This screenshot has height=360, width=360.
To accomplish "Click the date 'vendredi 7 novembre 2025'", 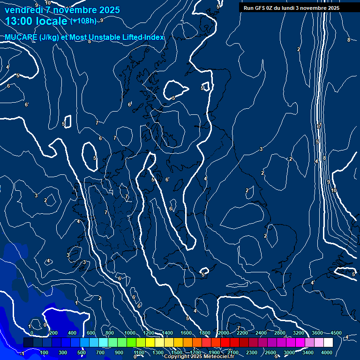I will coord(62,10).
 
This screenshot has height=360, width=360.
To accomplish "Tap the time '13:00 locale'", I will coord(37,21).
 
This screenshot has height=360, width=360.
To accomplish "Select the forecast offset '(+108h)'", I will coord(83,21).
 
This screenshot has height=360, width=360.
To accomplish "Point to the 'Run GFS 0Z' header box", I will coord(291,8).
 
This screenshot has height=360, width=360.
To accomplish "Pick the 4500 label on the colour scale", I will coord(336,333).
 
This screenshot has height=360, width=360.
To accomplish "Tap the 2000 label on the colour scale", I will coord(224,333).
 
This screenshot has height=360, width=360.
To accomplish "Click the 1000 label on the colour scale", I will coord(130,333).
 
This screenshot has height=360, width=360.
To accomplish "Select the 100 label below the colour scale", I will coord(44,352).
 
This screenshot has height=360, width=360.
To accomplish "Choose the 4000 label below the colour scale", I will coord(327,352).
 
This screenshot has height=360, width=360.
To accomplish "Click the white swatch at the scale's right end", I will coord(328,343).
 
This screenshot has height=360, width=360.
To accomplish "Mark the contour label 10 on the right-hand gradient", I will coord(334,190).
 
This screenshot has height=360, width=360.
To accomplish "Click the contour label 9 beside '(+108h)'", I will coord(101,20).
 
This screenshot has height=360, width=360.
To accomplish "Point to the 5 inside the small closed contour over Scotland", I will coord(173,98).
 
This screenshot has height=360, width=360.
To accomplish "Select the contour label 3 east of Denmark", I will coord(261,149).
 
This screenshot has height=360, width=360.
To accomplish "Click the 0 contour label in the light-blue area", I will coord(45,324).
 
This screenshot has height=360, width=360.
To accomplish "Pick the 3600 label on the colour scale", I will coord(317,333).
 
